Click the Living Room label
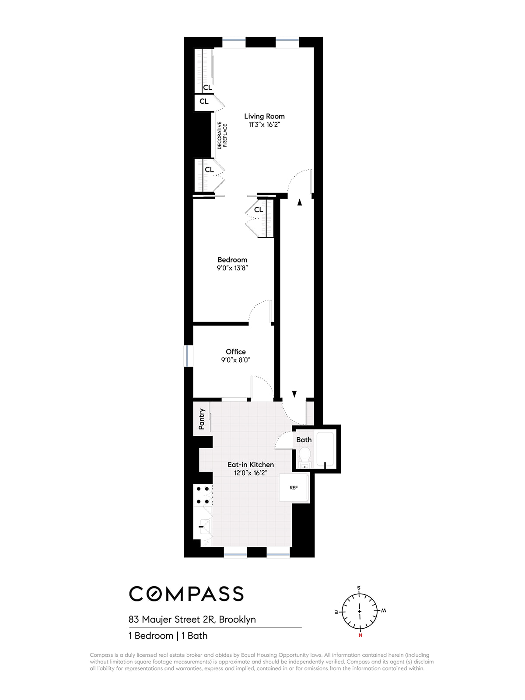coord(264,116)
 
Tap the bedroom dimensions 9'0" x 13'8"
coord(232,268)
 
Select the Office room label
coord(235,351)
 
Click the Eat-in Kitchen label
coord(251,465)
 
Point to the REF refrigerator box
coord(294,488)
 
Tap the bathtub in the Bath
coord(325,449)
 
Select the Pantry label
coord(202,419)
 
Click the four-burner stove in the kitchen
coord(203,495)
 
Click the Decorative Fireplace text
coord(222,135)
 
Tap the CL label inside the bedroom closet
coord(259,210)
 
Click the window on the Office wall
coord(188,356)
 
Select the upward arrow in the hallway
coord(300,202)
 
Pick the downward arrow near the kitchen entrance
coord(294,394)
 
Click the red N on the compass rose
coord(360,635)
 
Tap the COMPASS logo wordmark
coord(186,594)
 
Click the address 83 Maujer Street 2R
coord(192,619)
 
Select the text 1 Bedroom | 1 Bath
coord(168,636)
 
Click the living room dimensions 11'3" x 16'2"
coord(264,125)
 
